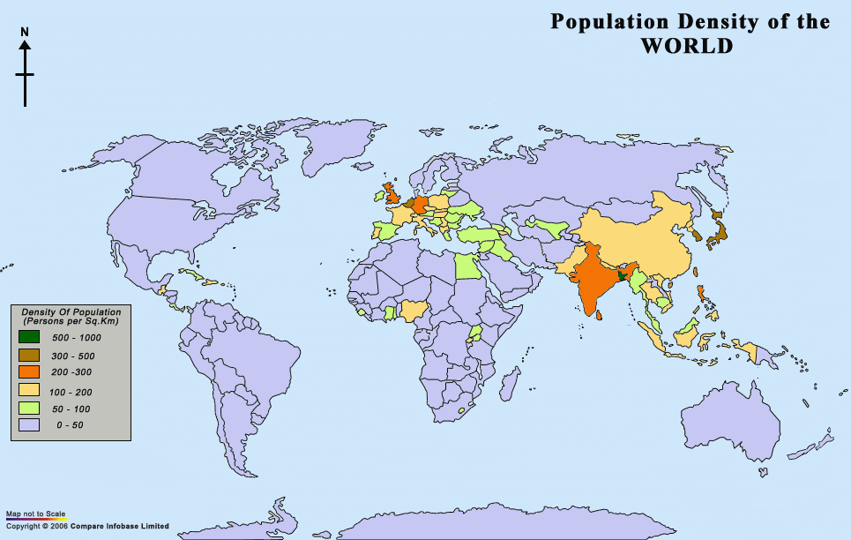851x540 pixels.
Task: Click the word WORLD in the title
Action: point(686,45)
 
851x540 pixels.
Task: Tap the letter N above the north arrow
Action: point(25,32)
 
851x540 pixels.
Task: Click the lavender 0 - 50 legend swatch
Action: point(29,425)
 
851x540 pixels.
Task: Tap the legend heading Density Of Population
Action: point(71,311)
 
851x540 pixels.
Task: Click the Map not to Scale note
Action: point(36,514)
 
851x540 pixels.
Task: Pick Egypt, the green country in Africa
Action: point(467,266)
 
